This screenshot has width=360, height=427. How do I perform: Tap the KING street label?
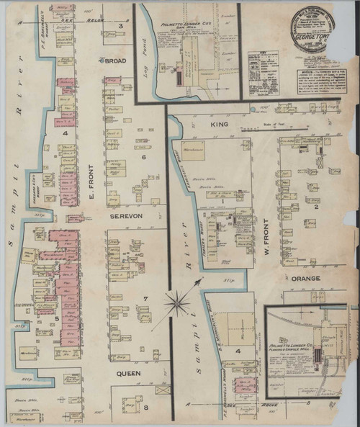pyautogui.click(x=219, y=125)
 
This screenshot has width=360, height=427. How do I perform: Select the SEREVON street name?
pyautogui.click(x=128, y=215)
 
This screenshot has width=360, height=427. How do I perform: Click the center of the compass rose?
pyautogui.click(x=177, y=302)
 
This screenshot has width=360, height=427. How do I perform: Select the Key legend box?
pyautogui.click(x=262, y=72)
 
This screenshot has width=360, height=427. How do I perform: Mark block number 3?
pyautogui.click(x=120, y=26)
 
